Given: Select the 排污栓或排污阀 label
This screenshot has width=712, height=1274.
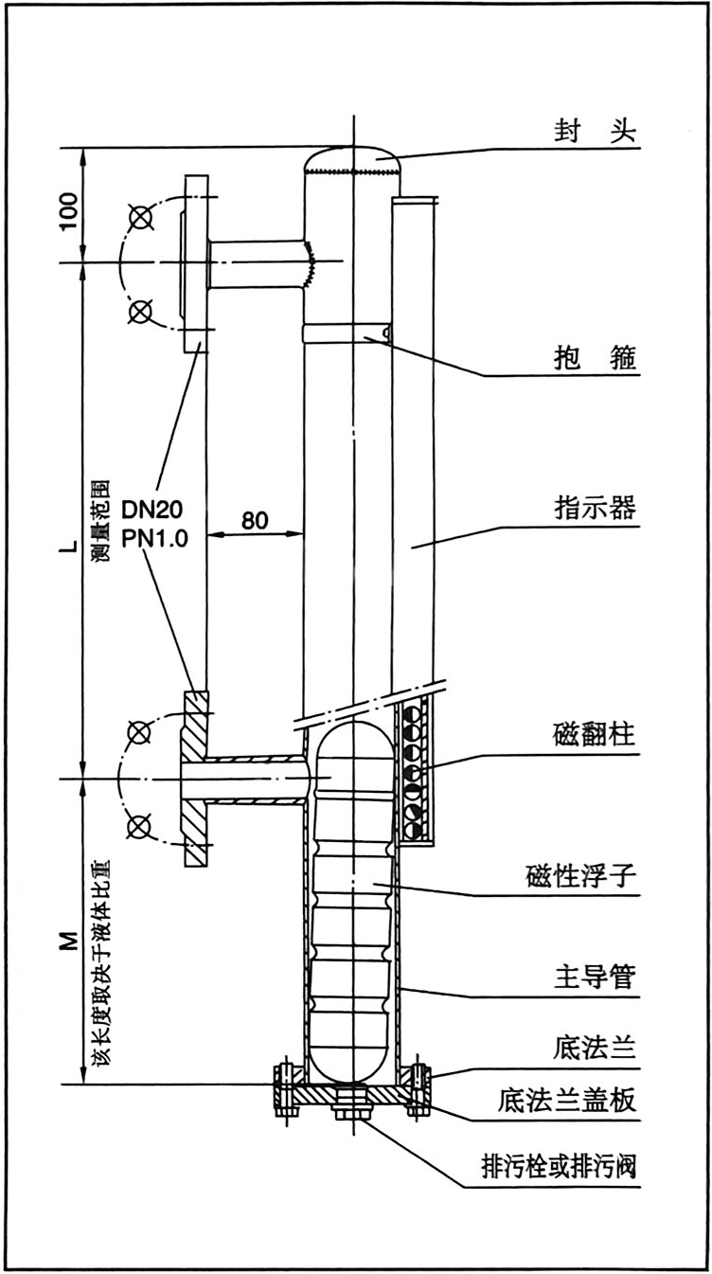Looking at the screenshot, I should pyautogui.click(x=558, y=1167).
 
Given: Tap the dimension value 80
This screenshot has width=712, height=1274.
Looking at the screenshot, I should pyautogui.click(x=254, y=519).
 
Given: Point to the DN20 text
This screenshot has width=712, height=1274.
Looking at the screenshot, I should pyautogui.click(x=153, y=511).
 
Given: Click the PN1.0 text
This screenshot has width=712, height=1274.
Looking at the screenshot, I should pyautogui.click(x=153, y=539).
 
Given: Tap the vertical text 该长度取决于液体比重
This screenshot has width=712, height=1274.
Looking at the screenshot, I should pyautogui.click(x=99, y=971).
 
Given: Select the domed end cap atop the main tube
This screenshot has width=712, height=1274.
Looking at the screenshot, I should pyautogui.click(x=352, y=158).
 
